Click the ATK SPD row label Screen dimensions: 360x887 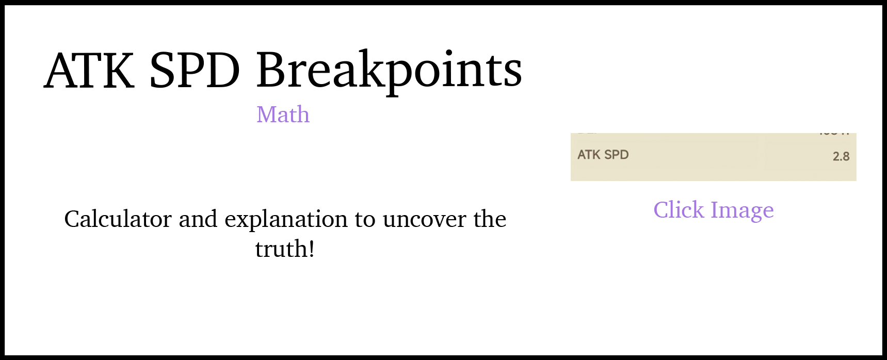[x=603, y=155]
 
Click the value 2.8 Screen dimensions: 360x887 [x=841, y=157]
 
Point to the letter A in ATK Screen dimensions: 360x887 [x=582, y=155]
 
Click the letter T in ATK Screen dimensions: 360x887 [x=589, y=155]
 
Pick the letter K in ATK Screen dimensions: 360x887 [x=597, y=155]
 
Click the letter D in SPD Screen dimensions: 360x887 [x=624, y=155]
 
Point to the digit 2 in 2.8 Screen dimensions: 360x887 [x=836, y=157]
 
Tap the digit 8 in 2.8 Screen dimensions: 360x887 [x=846, y=157]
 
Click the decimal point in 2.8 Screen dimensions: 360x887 [x=841, y=160]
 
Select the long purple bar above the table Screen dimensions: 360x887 [x=566, y=118]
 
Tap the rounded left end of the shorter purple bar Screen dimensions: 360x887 [x=660, y=210]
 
